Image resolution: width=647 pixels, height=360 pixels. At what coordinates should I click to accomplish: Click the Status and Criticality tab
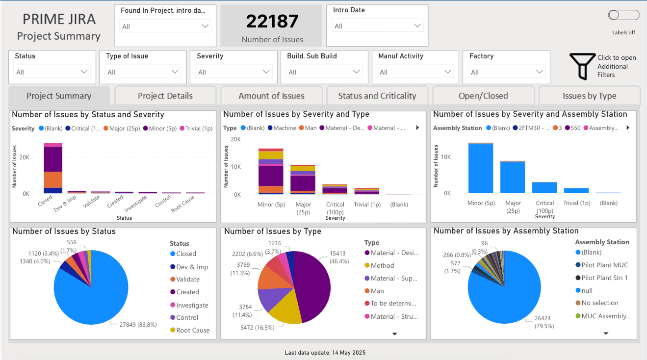(x=377, y=96)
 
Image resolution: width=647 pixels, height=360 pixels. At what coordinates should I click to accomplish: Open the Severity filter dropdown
(x=233, y=72)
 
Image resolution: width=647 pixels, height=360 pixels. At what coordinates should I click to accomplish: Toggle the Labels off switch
(x=623, y=15)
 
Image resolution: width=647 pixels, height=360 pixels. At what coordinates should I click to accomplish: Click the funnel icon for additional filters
(x=583, y=66)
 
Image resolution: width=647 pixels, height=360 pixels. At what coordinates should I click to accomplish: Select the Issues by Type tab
(x=589, y=96)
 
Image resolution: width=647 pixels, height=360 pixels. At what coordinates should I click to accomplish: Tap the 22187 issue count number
(x=272, y=21)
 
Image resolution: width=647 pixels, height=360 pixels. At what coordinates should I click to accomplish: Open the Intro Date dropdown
(x=377, y=26)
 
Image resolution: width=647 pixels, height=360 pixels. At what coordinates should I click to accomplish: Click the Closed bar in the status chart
(x=53, y=168)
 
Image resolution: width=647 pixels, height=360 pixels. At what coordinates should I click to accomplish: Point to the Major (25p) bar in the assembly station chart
(x=513, y=177)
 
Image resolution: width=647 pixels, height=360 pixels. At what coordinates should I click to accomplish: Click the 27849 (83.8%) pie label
(x=138, y=325)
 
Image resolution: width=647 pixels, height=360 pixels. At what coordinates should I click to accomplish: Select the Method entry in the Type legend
(x=379, y=265)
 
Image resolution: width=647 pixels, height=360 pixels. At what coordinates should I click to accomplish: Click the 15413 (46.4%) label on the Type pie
(x=339, y=257)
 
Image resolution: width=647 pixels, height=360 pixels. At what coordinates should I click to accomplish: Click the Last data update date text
(x=325, y=353)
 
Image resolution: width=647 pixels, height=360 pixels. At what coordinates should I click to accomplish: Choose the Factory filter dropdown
(x=507, y=72)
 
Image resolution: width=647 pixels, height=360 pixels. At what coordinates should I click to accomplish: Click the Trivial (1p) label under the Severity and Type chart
(x=367, y=205)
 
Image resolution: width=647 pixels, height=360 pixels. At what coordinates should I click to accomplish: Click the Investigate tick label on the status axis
(x=136, y=203)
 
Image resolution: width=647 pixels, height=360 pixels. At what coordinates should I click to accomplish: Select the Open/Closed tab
(x=483, y=96)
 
